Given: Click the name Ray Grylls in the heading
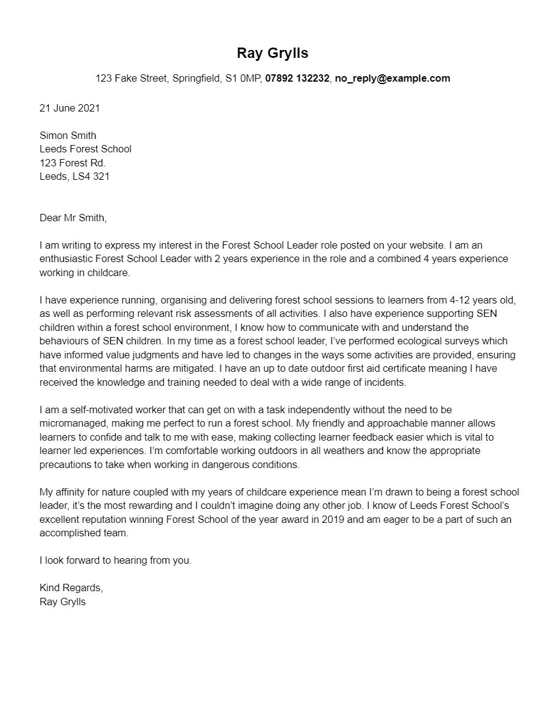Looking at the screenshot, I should [272, 53].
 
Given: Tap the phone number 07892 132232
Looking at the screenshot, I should [297, 79].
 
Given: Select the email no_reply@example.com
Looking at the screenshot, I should [392, 79].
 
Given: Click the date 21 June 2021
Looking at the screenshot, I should [69, 108].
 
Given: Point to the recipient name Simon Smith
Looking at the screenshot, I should [68, 135].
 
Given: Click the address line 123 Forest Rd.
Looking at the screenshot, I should [72, 163].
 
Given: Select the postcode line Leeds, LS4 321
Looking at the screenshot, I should [74, 176].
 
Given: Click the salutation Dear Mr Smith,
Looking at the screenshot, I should [72, 218].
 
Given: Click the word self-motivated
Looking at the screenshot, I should [87, 410].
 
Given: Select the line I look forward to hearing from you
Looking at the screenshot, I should [115, 561].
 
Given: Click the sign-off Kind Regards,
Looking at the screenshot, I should [71, 588].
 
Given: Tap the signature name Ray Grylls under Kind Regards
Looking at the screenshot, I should [63, 602].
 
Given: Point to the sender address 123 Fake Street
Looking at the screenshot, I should [131, 79].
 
